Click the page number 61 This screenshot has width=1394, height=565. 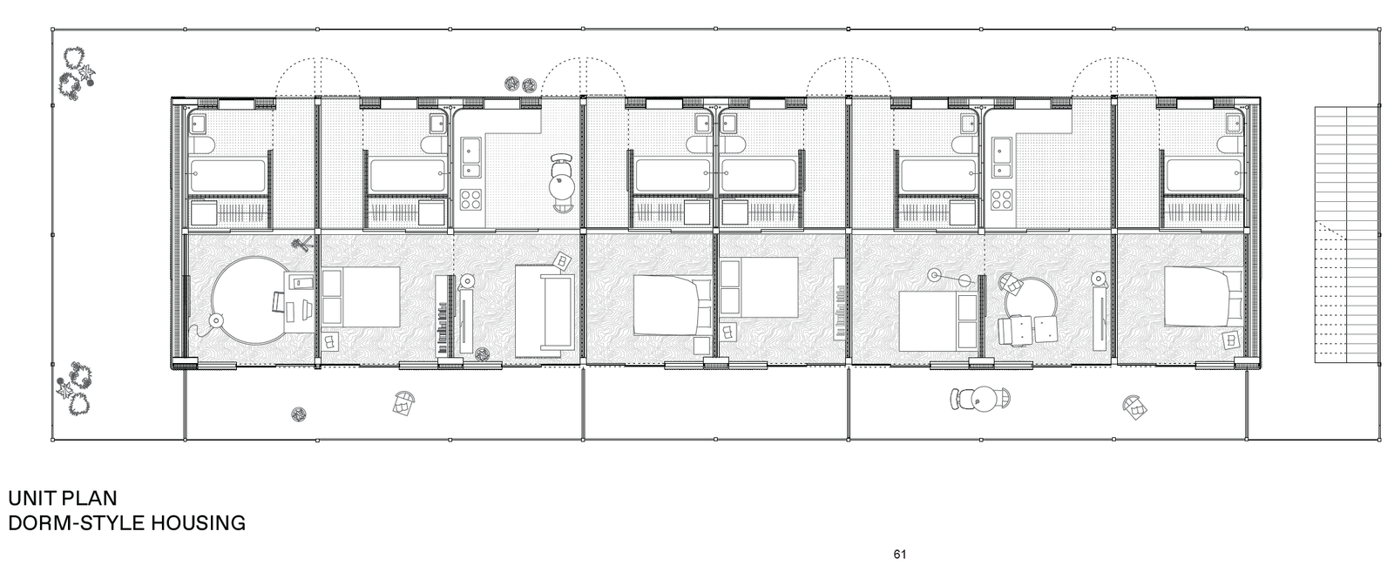899,555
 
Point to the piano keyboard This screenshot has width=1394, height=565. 443,316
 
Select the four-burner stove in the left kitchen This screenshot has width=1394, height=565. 471,199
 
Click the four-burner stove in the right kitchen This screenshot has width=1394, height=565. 1002,199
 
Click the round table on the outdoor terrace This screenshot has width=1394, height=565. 985,399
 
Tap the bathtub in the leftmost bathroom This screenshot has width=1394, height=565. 227,175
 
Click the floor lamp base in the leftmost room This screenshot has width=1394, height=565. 216,320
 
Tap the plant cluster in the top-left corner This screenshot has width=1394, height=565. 78,72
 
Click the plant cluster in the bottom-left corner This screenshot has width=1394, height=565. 76,388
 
